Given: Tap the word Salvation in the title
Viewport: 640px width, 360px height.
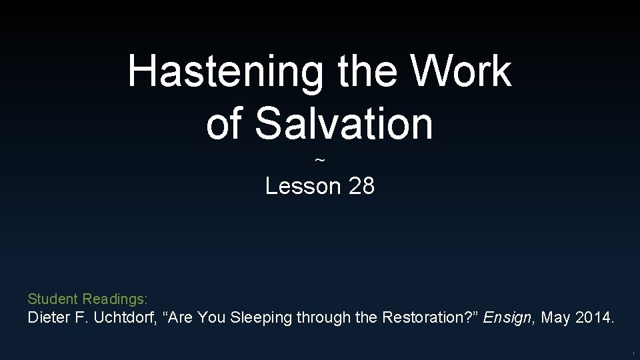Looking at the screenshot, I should click(344, 124).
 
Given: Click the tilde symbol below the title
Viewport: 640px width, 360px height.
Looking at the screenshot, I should click(320, 161).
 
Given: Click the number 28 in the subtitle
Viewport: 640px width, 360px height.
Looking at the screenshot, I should click(361, 186).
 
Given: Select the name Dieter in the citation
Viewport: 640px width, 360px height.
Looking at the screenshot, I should click(47, 318).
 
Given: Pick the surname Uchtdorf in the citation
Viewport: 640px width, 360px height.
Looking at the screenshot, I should click(124, 318).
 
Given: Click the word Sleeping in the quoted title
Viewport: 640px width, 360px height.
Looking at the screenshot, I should click(261, 318).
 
